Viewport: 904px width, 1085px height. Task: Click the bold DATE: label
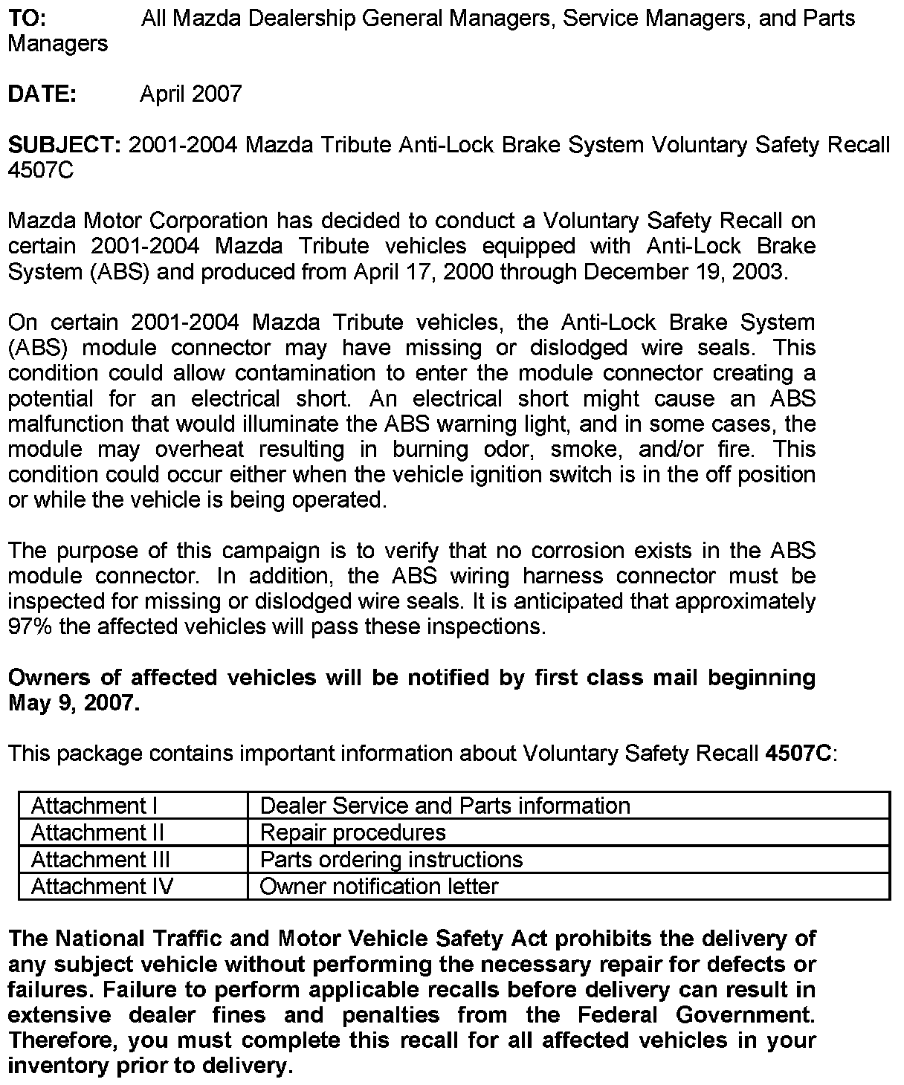[x=42, y=94]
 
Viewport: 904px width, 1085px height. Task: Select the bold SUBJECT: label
[x=64, y=144]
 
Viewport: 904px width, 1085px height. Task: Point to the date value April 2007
[x=191, y=94]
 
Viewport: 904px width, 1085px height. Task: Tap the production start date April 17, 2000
[x=423, y=271]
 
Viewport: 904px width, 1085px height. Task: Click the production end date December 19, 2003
[x=683, y=271]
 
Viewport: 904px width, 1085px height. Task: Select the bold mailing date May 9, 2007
[x=74, y=702]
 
